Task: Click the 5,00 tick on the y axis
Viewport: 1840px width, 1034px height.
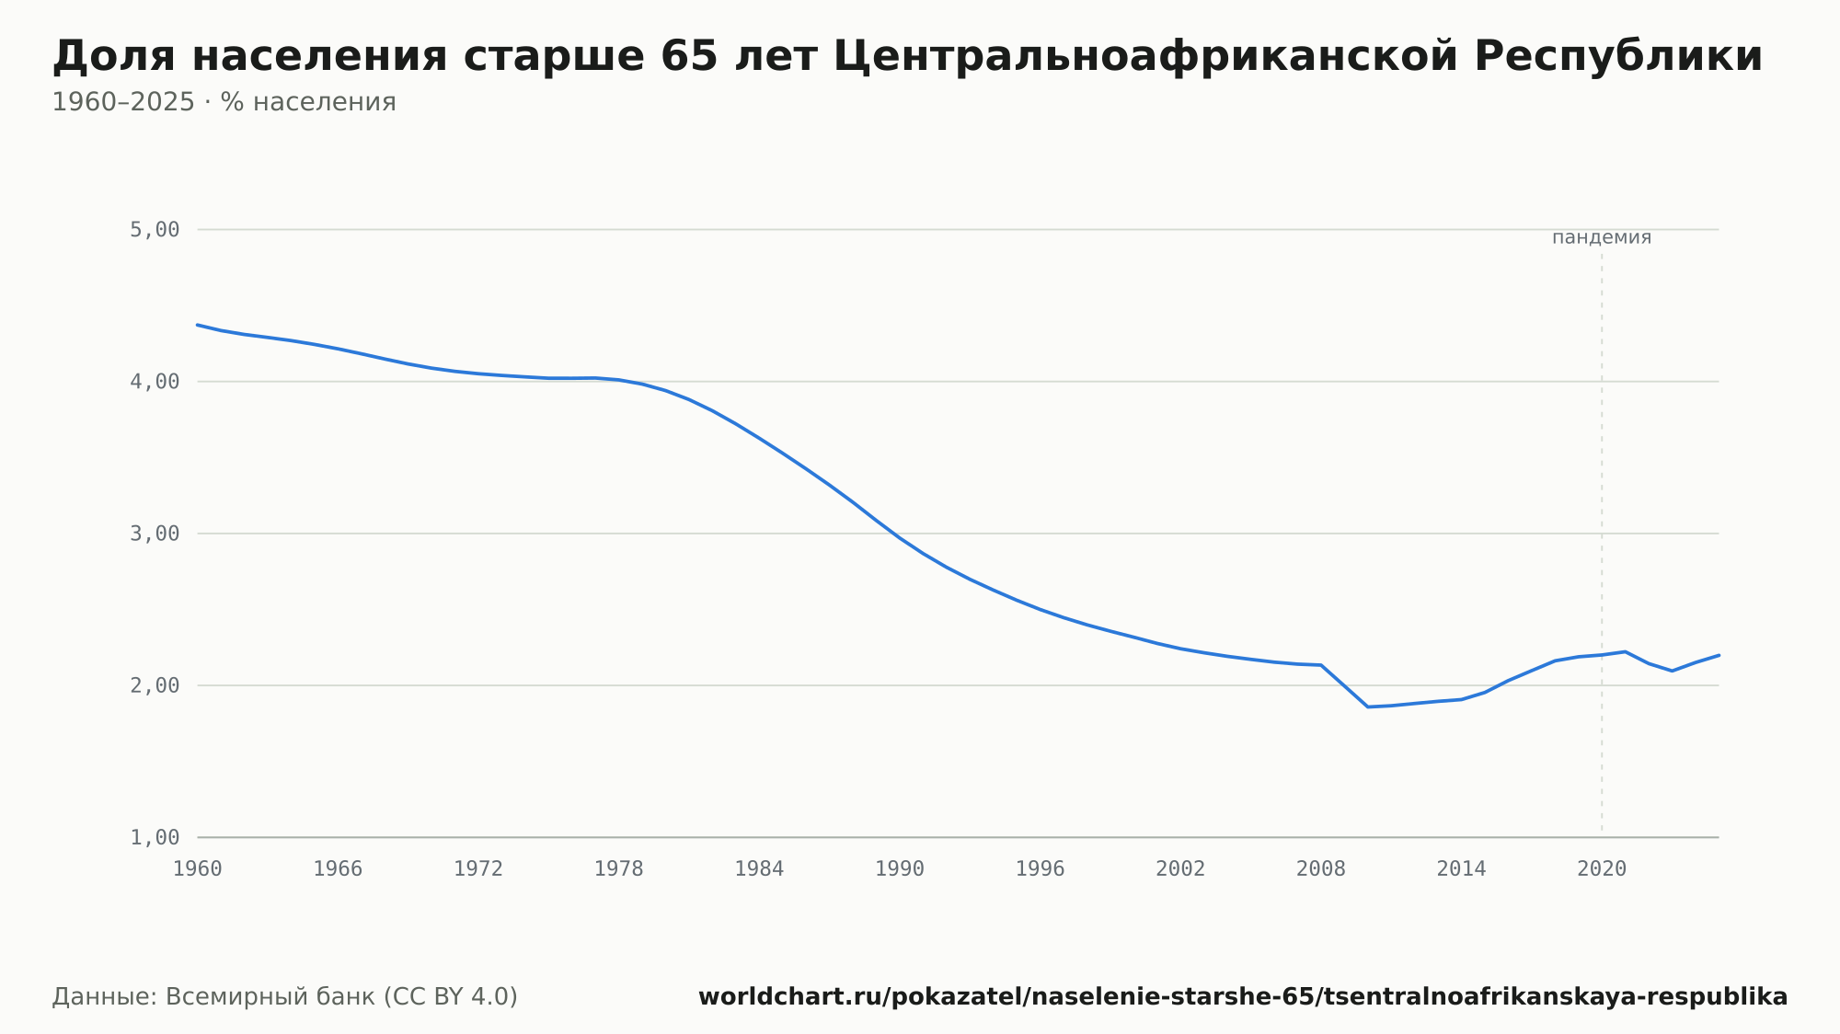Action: click(155, 230)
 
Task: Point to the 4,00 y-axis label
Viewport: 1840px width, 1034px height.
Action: click(155, 382)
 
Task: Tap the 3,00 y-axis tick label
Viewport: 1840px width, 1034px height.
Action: click(155, 534)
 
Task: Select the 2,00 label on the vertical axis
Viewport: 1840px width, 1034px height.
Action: click(155, 685)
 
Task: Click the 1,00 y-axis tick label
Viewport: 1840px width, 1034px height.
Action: click(155, 837)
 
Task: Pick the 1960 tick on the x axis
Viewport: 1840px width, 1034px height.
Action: click(198, 869)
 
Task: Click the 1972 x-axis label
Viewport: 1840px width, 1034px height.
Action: click(478, 869)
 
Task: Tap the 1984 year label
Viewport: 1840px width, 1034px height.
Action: click(759, 869)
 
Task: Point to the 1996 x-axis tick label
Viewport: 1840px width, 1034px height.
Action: click(1041, 869)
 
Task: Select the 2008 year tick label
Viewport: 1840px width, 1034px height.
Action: click(1321, 869)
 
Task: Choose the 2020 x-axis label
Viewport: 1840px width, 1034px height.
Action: click(1602, 869)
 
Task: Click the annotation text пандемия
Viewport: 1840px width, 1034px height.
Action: click(1602, 237)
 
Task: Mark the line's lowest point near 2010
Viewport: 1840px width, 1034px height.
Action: click(1368, 707)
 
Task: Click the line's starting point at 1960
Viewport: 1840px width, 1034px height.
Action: click(198, 325)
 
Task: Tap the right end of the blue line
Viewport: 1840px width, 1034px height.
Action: click(1719, 655)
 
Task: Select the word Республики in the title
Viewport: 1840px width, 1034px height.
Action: click(1618, 57)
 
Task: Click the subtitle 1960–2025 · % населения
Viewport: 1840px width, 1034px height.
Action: click(224, 102)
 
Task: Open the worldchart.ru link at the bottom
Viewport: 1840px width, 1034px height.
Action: click(1243, 997)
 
